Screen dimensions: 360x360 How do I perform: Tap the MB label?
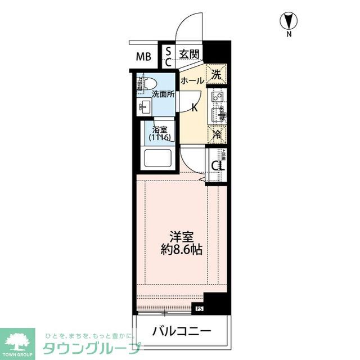(x=145, y=56)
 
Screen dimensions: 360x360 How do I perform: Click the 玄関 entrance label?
(x=188, y=54)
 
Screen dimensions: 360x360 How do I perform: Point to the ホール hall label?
(x=192, y=80)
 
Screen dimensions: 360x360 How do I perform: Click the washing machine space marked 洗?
(x=217, y=73)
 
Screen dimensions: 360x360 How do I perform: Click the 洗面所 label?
(x=163, y=94)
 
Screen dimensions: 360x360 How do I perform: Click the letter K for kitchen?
(x=194, y=107)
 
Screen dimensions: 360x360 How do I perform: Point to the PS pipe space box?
(x=199, y=308)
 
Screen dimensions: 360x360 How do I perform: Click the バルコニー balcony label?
(x=181, y=331)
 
